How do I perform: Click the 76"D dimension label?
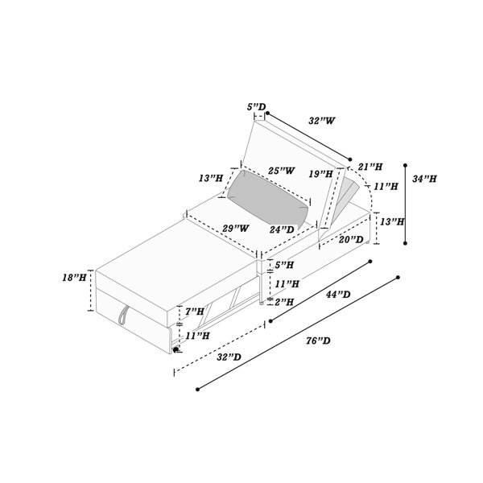(x=318, y=341)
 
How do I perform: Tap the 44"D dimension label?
(x=338, y=295)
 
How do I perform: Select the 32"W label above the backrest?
(x=322, y=121)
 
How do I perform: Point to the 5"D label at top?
(x=256, y=107)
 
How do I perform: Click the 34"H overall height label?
(x=424, y=179)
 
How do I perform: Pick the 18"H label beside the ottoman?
(x=74, y=278)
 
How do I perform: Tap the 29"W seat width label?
(x=236, y=229)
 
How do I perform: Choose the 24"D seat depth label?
(x=282, y=229)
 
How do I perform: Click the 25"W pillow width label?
(x=282, y=171)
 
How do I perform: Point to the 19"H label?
(x=321, y=174)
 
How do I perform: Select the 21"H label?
(x=370, y=167)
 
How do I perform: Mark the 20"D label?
(x=351, y=239)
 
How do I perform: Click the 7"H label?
(x=195, y=312)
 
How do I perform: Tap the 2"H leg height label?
(x=284, y=302)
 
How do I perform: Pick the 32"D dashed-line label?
(x=229, y=357)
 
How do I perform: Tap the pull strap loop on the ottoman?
(x=123, y=316)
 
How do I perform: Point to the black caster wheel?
(x=175, y=349)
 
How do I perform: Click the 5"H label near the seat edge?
(x=284, y=265)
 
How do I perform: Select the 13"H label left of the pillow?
(x=211, y=178)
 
